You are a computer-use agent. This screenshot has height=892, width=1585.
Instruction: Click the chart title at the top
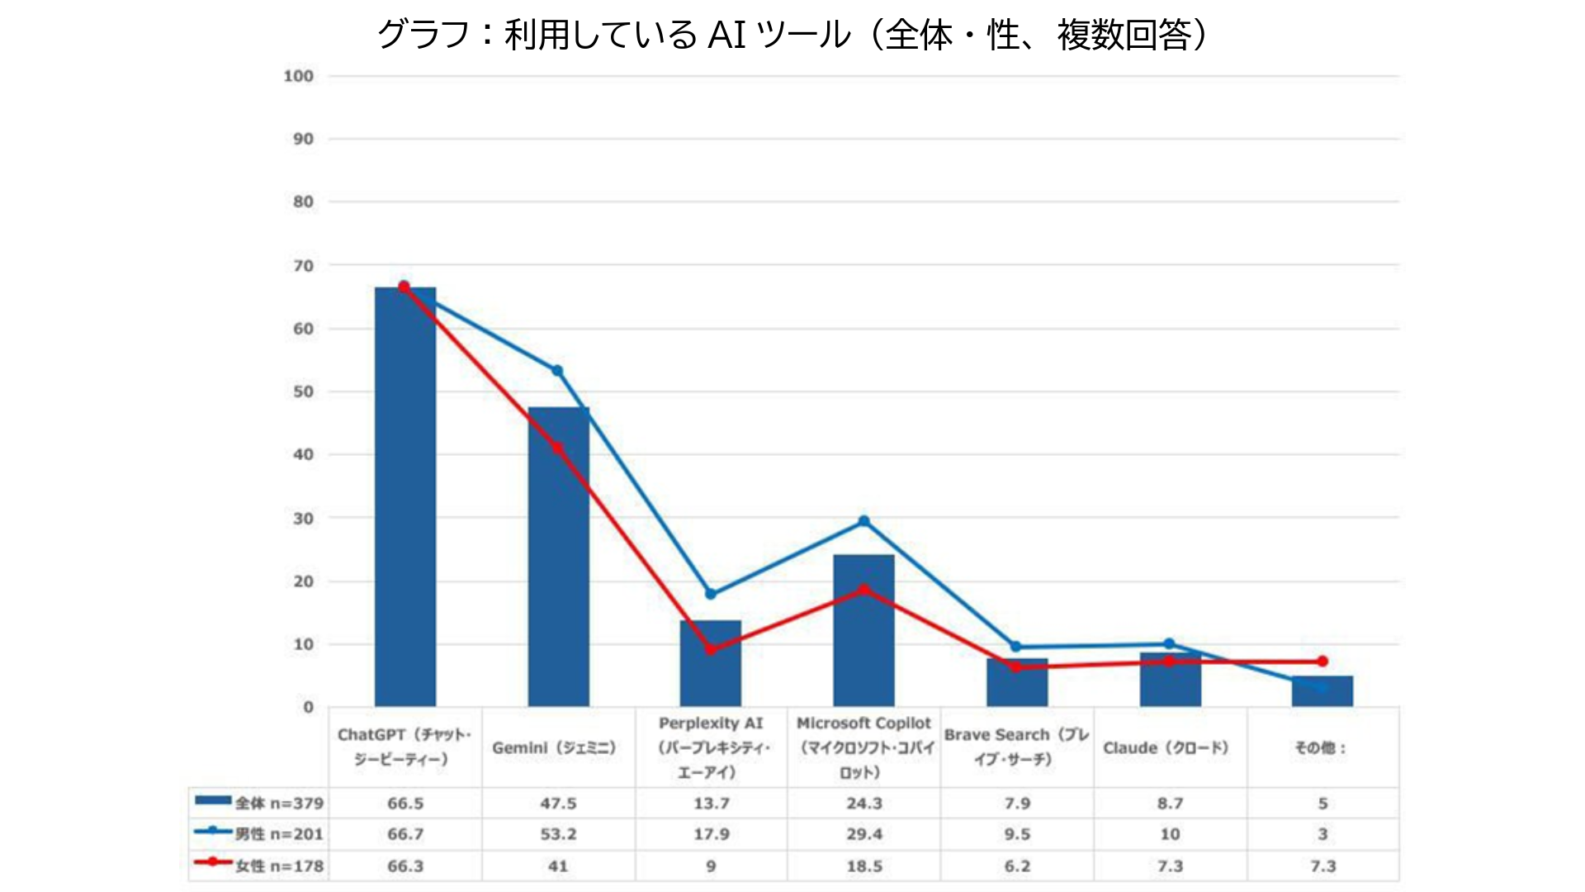(792, 35)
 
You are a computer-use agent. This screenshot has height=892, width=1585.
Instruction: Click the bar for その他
(1322, 691)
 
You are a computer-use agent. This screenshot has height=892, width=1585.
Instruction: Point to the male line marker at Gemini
(557, 371)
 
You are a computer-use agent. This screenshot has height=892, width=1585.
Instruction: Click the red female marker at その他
(1322, 662)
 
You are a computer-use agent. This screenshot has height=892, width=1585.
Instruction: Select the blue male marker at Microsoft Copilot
(863, 521)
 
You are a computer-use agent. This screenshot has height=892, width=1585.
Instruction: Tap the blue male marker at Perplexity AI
(711, 594)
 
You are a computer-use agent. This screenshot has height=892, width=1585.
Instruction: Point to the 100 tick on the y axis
(299, 76)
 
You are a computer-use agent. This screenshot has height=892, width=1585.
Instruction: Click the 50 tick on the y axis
(303, 391)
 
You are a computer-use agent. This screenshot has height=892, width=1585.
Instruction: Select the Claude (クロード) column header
(1169, 747)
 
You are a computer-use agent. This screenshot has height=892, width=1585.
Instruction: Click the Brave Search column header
(1016, 747)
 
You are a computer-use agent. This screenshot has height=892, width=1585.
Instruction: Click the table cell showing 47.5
(558, 803)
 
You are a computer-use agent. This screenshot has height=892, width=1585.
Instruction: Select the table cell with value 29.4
(863, 834)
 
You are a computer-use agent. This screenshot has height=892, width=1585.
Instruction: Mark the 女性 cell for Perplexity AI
(711, 866)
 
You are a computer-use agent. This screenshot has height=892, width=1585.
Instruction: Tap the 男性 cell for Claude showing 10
(1169, 834)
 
